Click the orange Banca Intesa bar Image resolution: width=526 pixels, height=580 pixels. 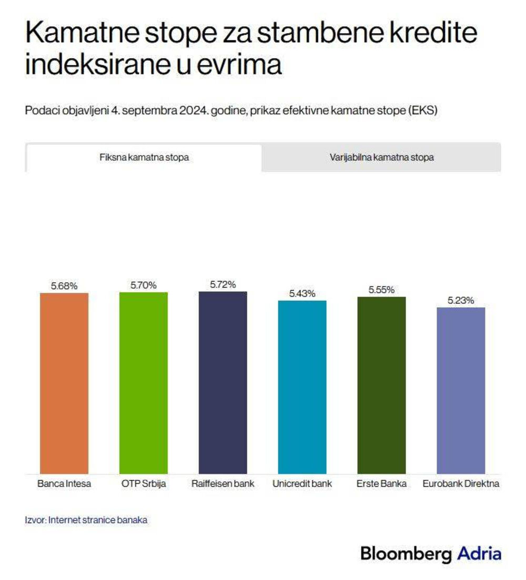coord(64,383)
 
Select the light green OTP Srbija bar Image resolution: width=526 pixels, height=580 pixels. coord(144,382)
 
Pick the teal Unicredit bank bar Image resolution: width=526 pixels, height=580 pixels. coord(302,387)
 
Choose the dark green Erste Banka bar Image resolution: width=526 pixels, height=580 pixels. coord(381,385)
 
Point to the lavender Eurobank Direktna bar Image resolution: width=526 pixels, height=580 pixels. coord(461,390)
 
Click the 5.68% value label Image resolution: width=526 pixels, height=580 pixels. coord(64,286)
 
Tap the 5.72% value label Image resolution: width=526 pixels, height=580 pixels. coord(223,284)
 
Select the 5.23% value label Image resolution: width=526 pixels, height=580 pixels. coord(461,300)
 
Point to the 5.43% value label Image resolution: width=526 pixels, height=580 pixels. coord(302,293)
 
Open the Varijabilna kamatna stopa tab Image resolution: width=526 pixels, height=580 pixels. coord(382,158)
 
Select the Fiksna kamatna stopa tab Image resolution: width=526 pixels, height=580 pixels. coord(144,158)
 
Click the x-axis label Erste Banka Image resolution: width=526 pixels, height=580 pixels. coord(381,484)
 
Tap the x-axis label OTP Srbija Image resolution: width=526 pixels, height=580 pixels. coord(144,484)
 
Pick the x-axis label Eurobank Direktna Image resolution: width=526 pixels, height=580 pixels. coord(461,484)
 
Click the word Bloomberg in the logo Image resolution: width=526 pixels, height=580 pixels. coord(406,554)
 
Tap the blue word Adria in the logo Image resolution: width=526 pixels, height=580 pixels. coord(479,554)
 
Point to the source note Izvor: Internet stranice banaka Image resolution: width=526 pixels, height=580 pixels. coord(86,520)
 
